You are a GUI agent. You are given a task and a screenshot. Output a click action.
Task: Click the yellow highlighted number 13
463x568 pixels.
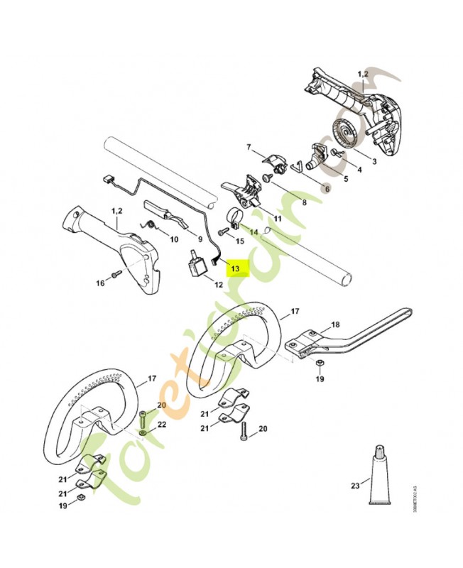pyautogui.click(x=236, y=269)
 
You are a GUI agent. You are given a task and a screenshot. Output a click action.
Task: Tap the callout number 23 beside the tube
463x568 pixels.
pyautogui.click(x=356, y=486)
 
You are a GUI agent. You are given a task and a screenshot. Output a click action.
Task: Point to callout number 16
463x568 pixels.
pyautogui.click(x=100, y=283)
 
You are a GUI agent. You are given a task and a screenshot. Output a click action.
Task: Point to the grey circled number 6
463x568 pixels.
pyautogui.click(x=326, y=187)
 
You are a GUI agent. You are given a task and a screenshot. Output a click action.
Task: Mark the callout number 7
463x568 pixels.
pyautogui.click(x=249, y=147)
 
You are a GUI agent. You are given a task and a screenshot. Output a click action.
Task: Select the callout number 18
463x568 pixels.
pyautogui.click(x=335, y=324)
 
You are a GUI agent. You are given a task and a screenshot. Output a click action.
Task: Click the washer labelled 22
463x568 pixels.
pyautogui.click(x=145, y=432)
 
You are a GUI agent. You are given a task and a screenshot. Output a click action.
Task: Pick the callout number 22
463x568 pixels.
pyautogui.click(x=161, y=424)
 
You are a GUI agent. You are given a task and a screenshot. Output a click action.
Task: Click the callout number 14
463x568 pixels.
pyautogui.click(x=254, y=231)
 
